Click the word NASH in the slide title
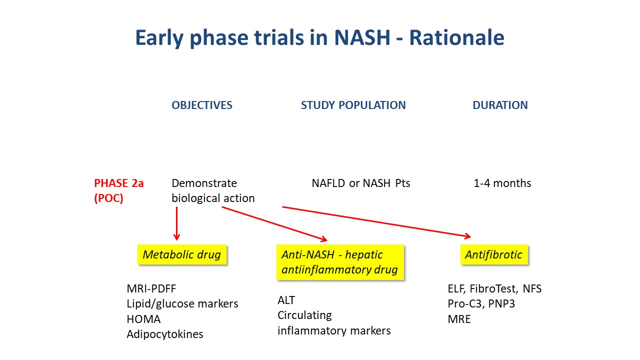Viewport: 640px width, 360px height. click(362, 37)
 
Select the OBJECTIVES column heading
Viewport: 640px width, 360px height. click(201, 105)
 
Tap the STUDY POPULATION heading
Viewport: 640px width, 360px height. click(353, 105)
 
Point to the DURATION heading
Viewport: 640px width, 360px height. click(500, 105)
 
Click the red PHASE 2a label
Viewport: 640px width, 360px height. click(119, 183)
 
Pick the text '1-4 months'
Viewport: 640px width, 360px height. click(502, 183)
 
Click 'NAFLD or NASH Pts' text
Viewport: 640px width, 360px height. click(361, 183)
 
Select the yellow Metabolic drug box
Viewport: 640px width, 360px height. click(182, 254)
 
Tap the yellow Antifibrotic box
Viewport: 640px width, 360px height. click(494, 254)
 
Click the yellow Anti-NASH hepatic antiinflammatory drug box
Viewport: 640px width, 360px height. click(340, 262)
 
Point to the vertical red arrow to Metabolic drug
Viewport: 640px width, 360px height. click(176, 223)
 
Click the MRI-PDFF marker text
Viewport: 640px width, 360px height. click(151, 288)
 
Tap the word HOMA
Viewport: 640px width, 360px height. click(143, 319)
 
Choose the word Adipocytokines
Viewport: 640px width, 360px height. click(165, 334)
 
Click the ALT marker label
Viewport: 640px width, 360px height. click(286, 300)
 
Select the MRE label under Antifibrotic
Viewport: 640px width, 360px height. click(459, 319)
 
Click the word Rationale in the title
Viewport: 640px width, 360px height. click(456, 37)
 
